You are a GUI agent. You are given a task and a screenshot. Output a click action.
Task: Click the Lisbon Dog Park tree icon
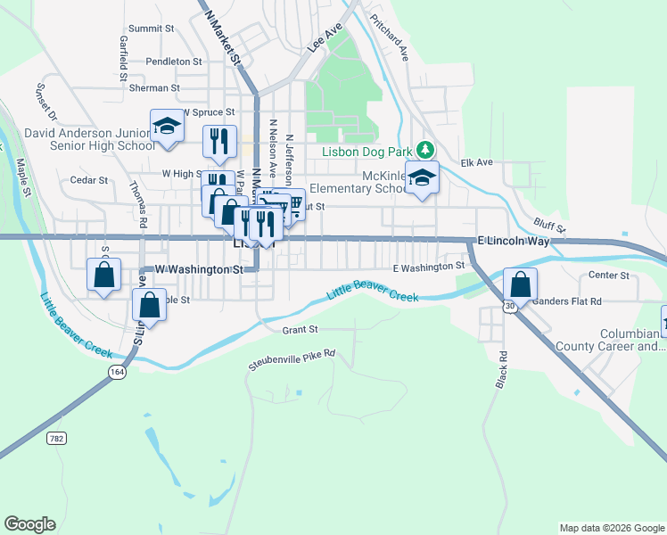[x=427, y=149]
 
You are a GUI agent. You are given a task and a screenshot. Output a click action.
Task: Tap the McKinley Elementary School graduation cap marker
[x=422, y=176]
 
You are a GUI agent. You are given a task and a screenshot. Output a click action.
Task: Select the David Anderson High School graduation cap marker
[x=167, y=127]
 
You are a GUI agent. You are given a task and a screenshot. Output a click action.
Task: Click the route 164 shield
[x=119, y=377]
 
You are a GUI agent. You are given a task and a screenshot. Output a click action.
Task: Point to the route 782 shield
[x=57, y=438]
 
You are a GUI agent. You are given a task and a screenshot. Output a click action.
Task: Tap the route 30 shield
[x=509, y=306]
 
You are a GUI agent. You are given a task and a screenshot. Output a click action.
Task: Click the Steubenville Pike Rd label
[x=291, y=354]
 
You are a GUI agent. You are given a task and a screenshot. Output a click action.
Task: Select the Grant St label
[x=300, y=329]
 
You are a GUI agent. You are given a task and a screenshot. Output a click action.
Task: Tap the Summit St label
[x=151, y=29]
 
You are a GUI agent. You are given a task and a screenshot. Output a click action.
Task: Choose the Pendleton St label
[x=174, y=62]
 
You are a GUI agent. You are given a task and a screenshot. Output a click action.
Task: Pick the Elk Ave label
[x=476, y=162]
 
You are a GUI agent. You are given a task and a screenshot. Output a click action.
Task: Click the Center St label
[x=609, y=275]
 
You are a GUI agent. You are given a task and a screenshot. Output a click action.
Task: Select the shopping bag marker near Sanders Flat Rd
[x=520, y=284]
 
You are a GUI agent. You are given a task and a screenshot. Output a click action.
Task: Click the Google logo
[x=29, y=524]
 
